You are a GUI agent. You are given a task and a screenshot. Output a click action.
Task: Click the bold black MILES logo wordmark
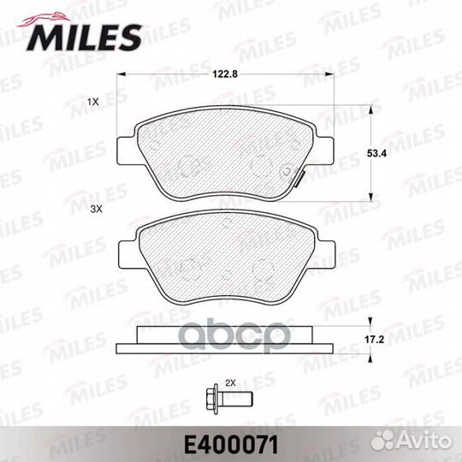[x=84, y=38]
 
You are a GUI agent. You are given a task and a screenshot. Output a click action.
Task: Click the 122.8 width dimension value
[x=225, y=74]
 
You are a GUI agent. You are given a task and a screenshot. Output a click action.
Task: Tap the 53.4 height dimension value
[x=376, y=153]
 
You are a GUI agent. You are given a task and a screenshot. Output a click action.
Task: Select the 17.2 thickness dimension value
[x=374, y=340]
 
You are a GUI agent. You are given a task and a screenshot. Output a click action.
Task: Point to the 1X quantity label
[x=92, y=103]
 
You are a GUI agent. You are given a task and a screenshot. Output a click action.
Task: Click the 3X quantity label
[x=96, y=210]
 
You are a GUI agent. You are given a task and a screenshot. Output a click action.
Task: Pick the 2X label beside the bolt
[x=231, y=383]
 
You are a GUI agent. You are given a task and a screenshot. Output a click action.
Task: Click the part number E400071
[x=231, y=446]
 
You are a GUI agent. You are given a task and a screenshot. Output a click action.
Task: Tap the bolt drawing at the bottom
[x=229, y=399]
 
